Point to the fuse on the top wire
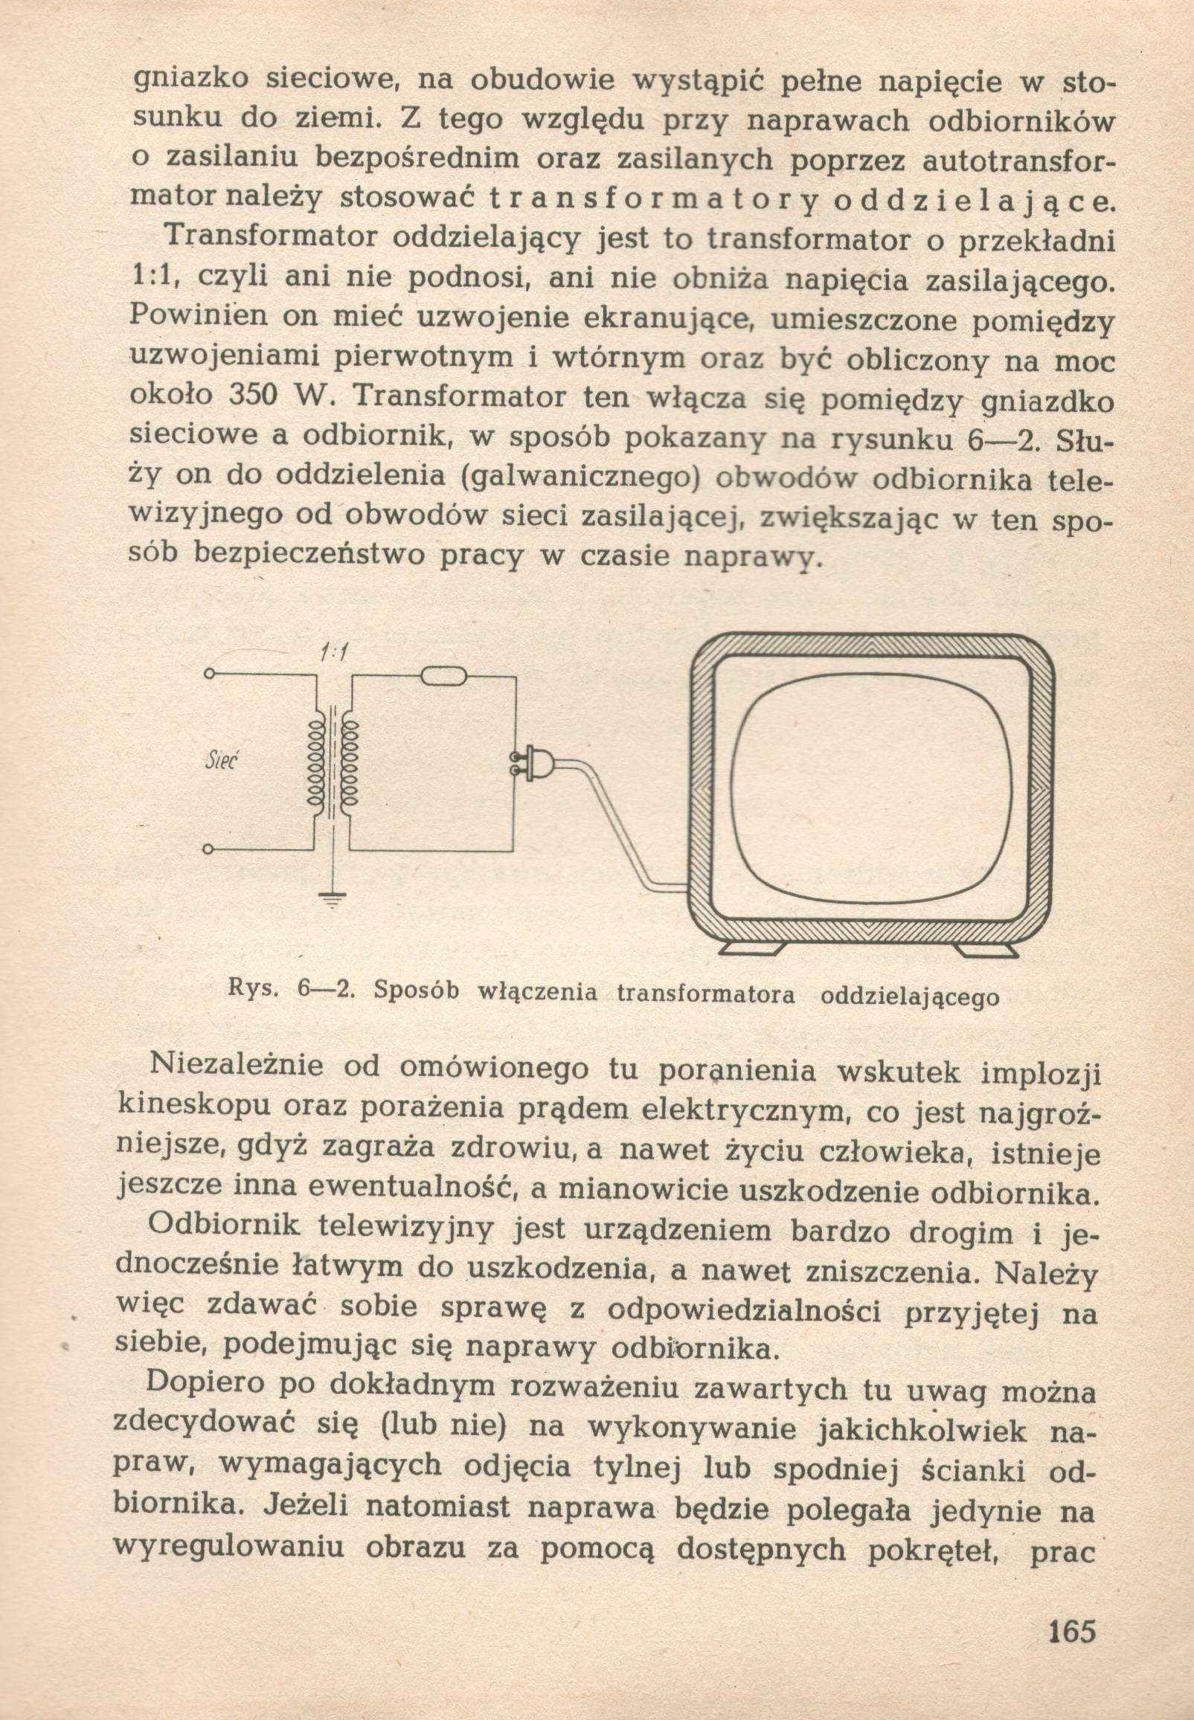coord(443,677)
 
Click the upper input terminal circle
coord(210,674)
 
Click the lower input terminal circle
coord(209,849)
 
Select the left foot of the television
coord(751,947)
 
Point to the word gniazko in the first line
coord(189,81)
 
